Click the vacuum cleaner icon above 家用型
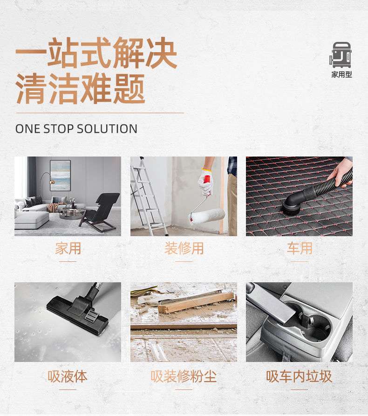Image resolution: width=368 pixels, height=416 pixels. click(x=341, y=55)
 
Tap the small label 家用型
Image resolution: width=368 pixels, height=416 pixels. click(x=341, y=75)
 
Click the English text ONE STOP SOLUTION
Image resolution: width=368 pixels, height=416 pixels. click(x=76, y=129)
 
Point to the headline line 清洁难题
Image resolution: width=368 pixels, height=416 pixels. click(x=81, y=89)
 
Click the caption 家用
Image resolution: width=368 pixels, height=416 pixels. click(x=68, y=248)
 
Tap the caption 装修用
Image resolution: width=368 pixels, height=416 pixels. click(x=184, y=248)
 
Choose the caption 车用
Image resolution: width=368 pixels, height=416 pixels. click(x=299, y=248)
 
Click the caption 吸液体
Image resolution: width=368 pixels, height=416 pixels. click(x=68, y=376)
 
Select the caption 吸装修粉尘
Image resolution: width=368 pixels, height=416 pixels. click(x=184, y=376)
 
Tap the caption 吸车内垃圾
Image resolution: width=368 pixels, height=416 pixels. click(x=299, y=376)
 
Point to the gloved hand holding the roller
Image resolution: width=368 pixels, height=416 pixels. click(x=205, y=181)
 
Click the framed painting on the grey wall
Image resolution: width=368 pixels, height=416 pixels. click(x=60, y=175)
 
